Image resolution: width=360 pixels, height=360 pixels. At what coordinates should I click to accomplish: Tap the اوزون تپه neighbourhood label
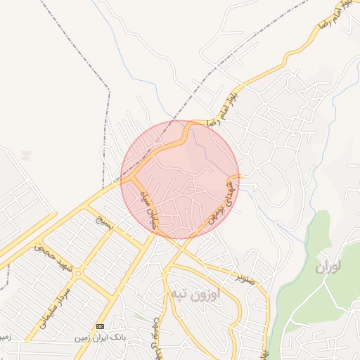click(194, 294)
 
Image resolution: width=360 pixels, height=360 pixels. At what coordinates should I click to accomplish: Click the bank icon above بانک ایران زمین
click(100, 327)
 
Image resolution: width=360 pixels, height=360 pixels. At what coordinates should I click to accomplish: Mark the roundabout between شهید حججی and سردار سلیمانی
click(79, 273)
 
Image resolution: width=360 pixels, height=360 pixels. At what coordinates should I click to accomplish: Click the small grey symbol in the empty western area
click(26, 155)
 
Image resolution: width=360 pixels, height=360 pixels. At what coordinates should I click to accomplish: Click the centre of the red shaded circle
click(180, 180)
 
